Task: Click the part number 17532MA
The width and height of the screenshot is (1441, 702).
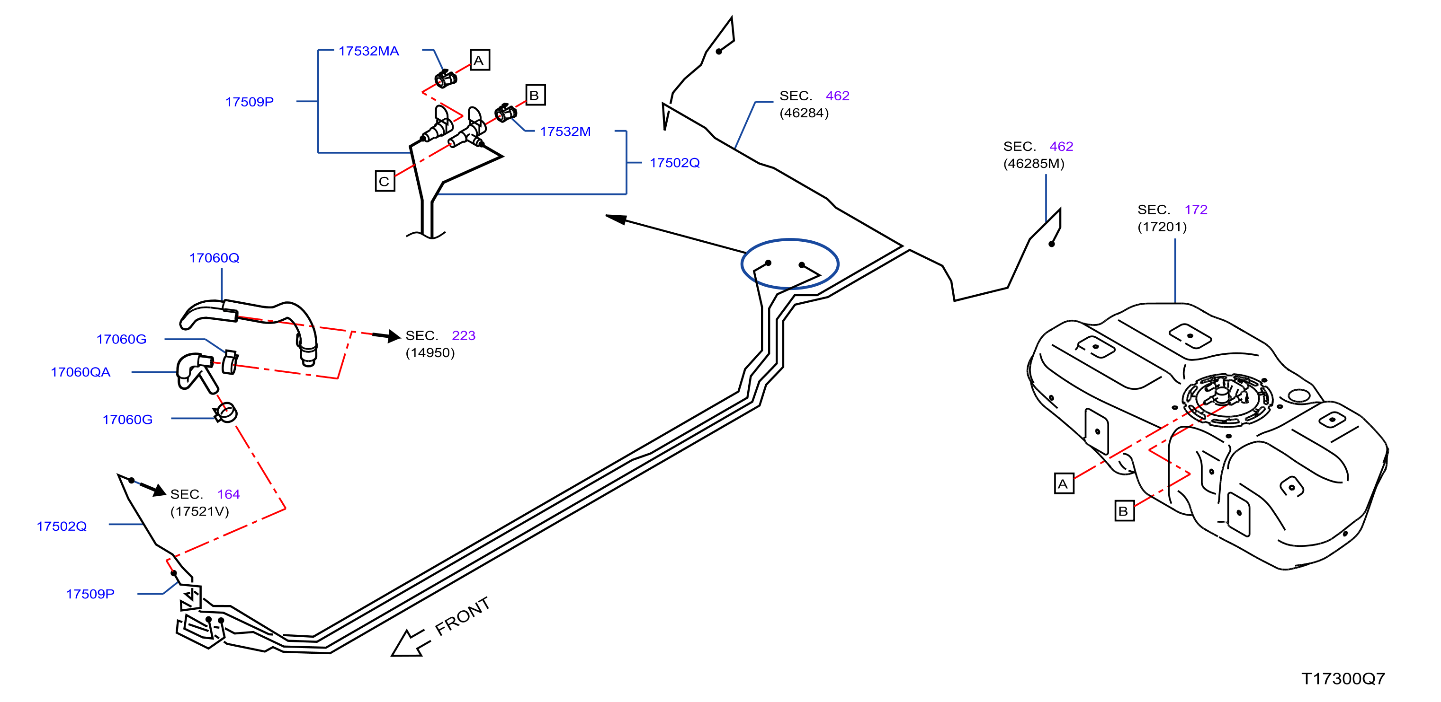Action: (x=368, y=52)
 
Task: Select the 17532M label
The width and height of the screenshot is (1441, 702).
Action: (x=565, y=132)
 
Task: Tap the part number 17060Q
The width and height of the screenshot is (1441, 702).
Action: (x=214, y=258)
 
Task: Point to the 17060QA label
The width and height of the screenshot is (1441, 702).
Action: (x=81, y=372)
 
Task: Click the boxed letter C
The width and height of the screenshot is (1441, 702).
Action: (x=385, y=182)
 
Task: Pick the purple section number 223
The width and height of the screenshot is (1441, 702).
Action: (x=464, y=336)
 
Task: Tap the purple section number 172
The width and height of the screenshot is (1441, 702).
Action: (x=1196, y=210)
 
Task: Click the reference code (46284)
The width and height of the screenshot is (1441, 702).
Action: (x=805, y=114)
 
